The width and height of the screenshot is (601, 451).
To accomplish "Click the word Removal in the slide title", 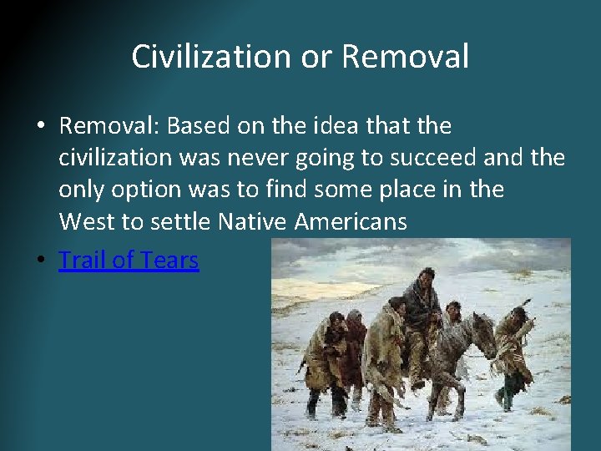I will (405, 57).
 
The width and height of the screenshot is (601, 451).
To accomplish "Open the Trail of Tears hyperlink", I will (129, 260).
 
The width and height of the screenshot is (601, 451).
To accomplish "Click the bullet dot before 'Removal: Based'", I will (40, 127).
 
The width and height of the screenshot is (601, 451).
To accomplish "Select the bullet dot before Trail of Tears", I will (40, 261).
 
